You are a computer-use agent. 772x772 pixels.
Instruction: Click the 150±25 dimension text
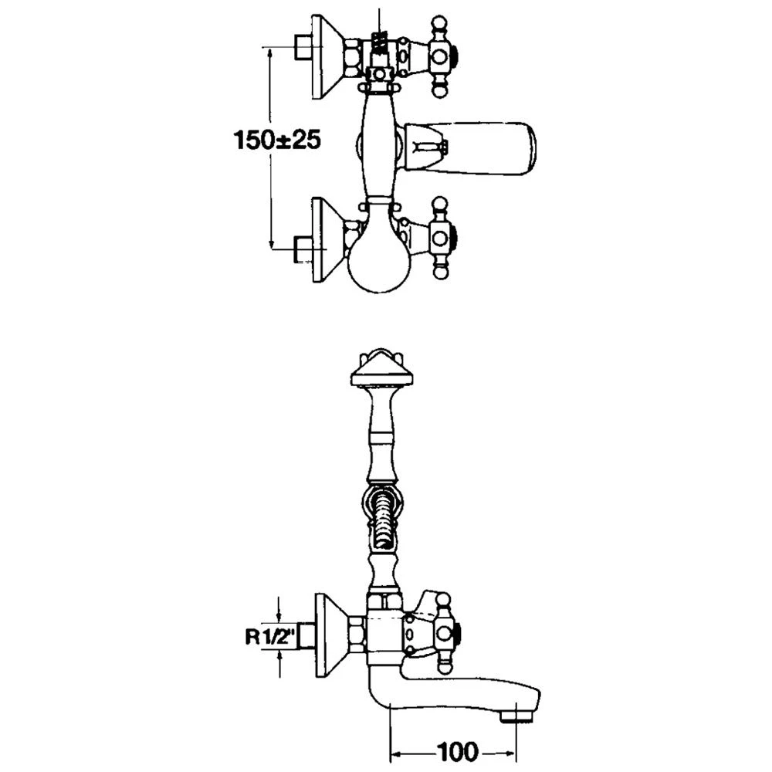coord(277,140)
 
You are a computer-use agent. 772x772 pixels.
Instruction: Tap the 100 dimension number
coord(457,752)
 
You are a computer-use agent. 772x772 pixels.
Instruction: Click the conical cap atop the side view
coord(381,367)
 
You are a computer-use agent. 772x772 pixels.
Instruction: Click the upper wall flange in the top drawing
coord(328,57)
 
